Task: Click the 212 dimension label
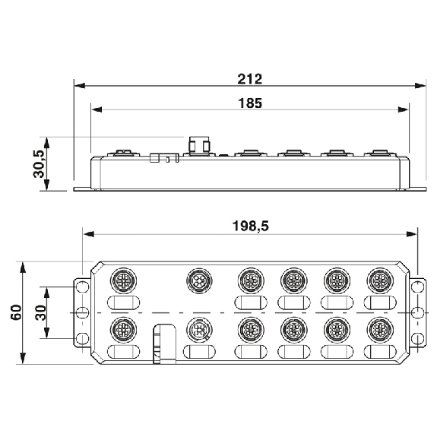click(x=250, y=79)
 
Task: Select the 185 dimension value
click(x=250, y=103)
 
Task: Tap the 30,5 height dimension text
click(x=39, y=164)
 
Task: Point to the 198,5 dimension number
click(x=251, y=226)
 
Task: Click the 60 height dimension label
click(x=16, y=312)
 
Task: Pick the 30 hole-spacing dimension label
click(x=40, y=313)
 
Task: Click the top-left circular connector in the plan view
click(x=123, y=280)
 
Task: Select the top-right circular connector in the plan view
click(x=380, y=280)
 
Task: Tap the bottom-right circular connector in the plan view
click(x=380, y=330)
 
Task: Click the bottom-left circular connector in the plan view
click(x=123, y=330)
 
